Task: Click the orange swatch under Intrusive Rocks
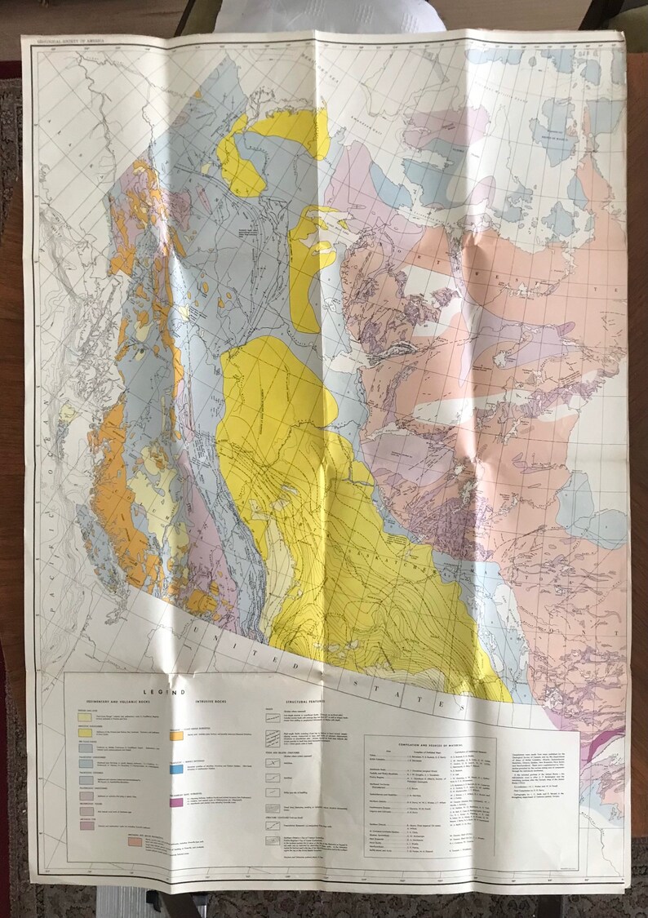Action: (175, 734)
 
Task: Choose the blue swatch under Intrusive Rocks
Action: (175, 768)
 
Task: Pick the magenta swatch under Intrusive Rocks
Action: (175, 803)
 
